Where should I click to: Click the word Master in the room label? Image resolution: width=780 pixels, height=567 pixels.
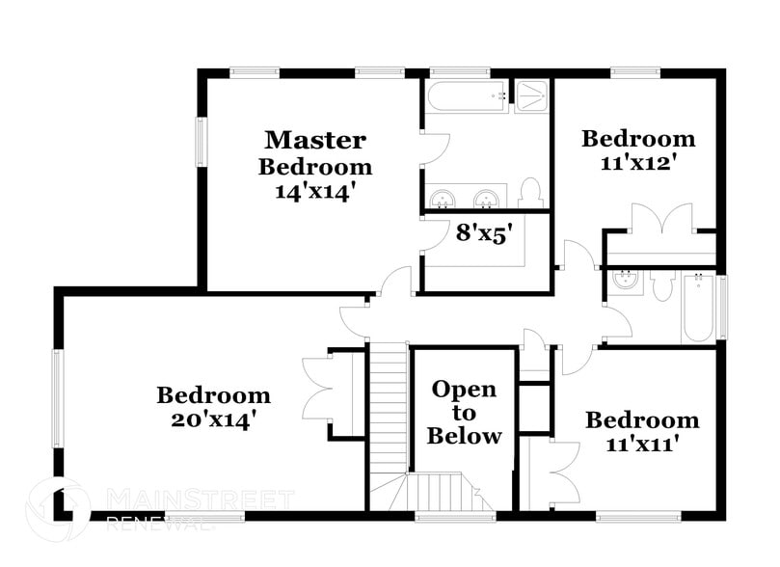coord(315,141)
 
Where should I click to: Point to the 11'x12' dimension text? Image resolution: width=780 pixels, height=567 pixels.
coord(637,163)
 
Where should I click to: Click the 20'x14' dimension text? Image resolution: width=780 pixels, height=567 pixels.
coord(213,420)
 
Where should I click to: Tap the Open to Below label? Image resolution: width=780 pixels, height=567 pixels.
coord(464,413)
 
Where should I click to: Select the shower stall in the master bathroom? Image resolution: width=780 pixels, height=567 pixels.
coord(530,96)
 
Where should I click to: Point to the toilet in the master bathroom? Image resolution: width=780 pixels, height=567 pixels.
coord(530,193)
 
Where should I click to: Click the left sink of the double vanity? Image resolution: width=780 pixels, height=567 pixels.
coord(444,199)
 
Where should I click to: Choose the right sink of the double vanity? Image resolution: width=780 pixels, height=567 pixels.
coord(488,199)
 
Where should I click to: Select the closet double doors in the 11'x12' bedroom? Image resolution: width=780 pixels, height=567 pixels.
coord(661,220)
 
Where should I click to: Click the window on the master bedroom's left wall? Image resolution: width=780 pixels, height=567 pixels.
coord(202,142)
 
